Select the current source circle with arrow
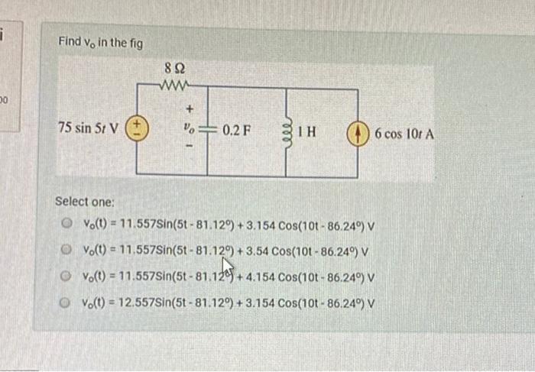coord(358,133)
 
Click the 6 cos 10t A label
coord(404,134)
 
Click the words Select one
coord(85,202)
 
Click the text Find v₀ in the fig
coord(100,41)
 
